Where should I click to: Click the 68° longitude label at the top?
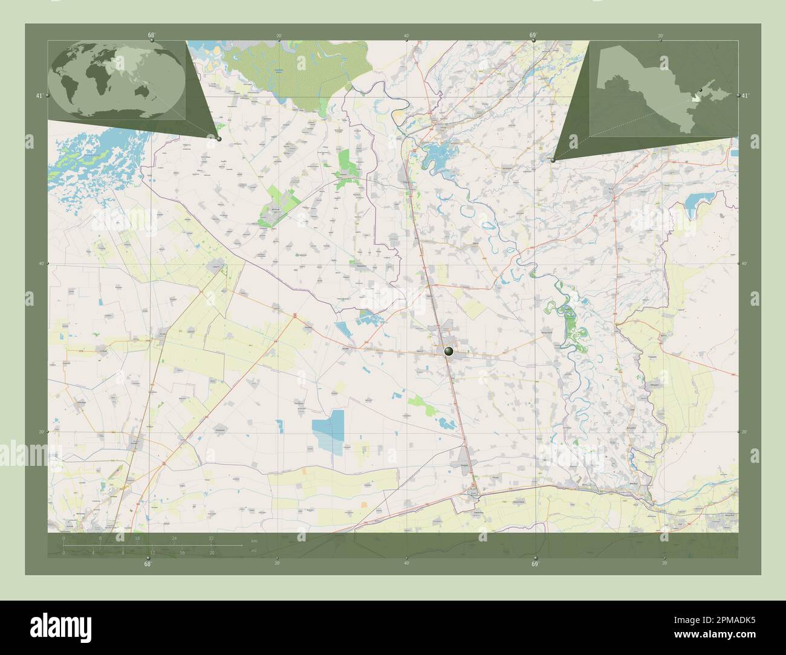151,35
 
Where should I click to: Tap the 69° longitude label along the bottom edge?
534,564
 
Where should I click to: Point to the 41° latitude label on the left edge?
39,95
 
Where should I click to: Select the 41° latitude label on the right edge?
745,95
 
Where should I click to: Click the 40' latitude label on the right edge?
744,263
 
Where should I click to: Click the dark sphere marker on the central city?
449,350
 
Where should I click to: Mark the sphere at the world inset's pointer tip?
219,139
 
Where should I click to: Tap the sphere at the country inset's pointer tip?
553,161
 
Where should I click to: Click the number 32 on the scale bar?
210,538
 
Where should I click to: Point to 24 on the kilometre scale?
174,538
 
